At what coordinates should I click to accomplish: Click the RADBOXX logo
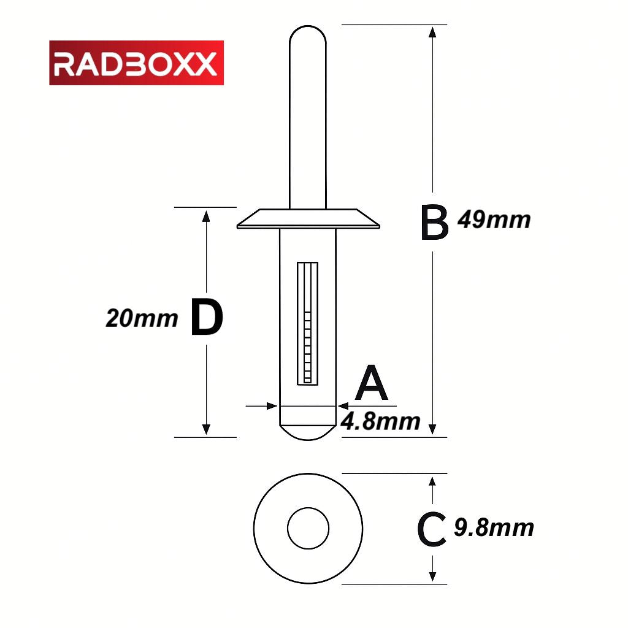[x=136, y=63]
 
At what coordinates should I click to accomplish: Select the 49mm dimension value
[x=494, y=220]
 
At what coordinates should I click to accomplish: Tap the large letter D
[x=206, y=318]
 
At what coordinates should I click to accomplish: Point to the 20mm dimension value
[x=142, y=318]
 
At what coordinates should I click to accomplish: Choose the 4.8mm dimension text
[x=380, y=421]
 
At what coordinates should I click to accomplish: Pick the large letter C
[x=431, y=530]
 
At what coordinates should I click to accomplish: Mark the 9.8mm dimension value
[x=494, y=527]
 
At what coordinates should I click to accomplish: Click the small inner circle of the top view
[x=308, y=528]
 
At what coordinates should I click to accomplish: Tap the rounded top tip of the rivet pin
[x=308, y=34]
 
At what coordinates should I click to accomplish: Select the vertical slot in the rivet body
[x=308, y=323]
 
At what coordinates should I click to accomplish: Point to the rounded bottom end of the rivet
[x=308, y=431]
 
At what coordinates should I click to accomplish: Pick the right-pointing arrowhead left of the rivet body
[x=271, y=405]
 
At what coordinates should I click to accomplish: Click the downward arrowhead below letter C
[x=433, y=576]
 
